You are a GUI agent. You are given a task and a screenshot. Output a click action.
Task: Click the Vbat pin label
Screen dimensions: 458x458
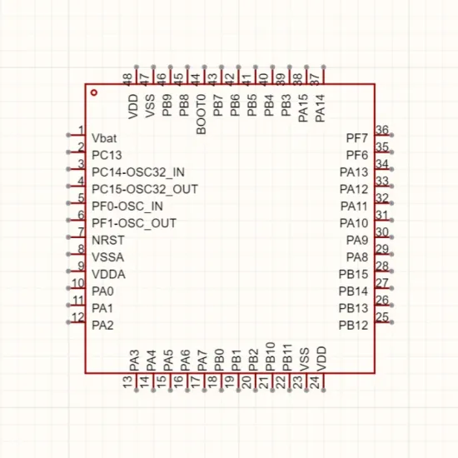104,138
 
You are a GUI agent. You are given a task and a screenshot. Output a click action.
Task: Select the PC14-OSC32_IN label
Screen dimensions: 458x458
138,172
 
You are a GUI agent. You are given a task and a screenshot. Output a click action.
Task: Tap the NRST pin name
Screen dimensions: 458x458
108,241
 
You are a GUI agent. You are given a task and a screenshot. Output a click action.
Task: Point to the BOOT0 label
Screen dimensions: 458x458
202,114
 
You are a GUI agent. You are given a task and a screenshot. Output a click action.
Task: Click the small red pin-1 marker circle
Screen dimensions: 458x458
94,92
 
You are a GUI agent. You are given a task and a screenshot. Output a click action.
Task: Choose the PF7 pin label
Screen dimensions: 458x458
357,138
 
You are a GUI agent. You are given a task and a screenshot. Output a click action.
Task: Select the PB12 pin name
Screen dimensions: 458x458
353,326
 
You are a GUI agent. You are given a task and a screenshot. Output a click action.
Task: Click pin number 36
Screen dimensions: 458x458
382,130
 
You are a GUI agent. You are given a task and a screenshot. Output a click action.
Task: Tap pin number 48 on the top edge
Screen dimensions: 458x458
127,80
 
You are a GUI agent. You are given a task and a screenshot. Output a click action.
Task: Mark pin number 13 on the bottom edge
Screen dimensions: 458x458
127,382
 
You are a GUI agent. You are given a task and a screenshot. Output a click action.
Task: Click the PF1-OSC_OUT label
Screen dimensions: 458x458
134,223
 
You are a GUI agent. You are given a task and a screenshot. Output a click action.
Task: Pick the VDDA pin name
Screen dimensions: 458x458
108,275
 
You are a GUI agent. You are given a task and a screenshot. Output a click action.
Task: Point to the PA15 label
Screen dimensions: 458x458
303,108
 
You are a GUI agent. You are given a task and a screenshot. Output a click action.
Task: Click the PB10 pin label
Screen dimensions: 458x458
270,357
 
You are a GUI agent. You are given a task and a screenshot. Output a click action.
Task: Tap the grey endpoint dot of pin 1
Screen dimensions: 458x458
68,135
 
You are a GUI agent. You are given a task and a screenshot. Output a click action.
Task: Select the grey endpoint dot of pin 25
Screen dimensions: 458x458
391,322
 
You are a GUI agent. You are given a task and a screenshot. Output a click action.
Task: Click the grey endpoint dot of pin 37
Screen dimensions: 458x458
323,67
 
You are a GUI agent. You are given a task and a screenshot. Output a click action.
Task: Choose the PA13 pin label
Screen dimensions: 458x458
354,172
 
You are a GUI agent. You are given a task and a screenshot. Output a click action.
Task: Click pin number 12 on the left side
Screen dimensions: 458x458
78,317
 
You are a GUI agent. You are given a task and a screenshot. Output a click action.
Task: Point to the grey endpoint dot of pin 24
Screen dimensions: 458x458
323,391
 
